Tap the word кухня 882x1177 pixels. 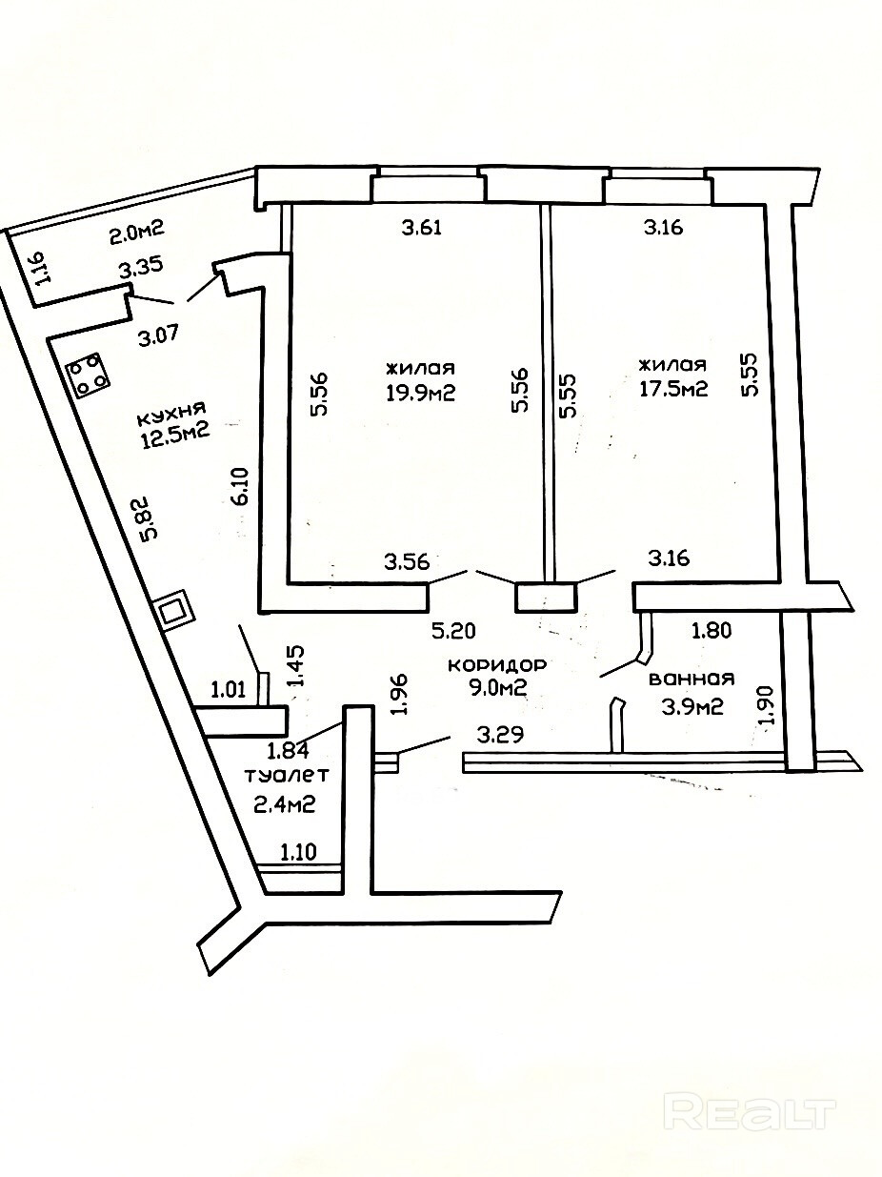point(171,415)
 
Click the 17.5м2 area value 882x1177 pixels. point(672,389)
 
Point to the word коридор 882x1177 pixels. point(488,664)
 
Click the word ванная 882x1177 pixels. point(691,679)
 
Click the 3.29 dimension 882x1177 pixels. point(500,734)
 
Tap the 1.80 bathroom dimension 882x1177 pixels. point(711,630)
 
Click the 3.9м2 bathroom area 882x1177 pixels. point(689,706)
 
